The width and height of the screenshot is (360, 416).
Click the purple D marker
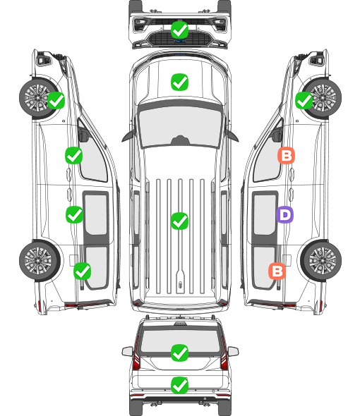point(284,214)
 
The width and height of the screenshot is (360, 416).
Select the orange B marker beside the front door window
point(286,155)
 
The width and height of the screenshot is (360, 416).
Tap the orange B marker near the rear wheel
point(277,271)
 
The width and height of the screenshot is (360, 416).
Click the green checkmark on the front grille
point(180,30)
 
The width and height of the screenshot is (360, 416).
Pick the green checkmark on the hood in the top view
point(180,82)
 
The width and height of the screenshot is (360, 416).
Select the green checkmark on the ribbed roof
point(180,221)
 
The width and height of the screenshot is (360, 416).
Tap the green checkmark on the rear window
point(180,353)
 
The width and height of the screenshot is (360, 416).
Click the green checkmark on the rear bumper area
point(180,385)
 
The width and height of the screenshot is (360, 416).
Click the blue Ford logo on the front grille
point(180,41)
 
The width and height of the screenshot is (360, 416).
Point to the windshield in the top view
point(180,127)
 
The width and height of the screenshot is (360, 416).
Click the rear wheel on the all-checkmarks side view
point(40,261)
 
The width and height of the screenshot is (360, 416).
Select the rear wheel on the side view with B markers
point(321,261)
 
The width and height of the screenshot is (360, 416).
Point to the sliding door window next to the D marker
point(265,214)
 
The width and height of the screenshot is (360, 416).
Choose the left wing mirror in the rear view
point(127,351)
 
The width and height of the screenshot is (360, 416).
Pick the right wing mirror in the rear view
point(233,351)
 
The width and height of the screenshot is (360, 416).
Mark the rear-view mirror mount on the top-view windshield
point(180,140)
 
